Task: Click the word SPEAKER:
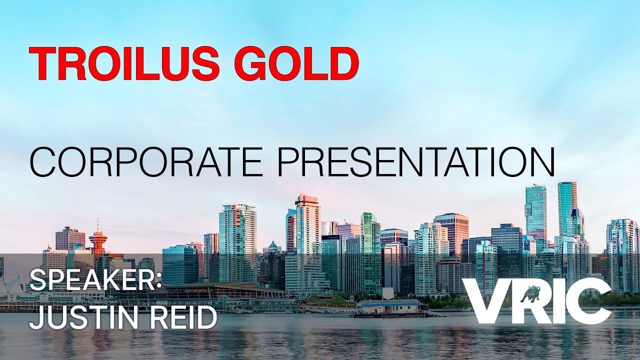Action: tap(95, 281)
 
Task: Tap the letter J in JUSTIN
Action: tap(36, 318)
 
